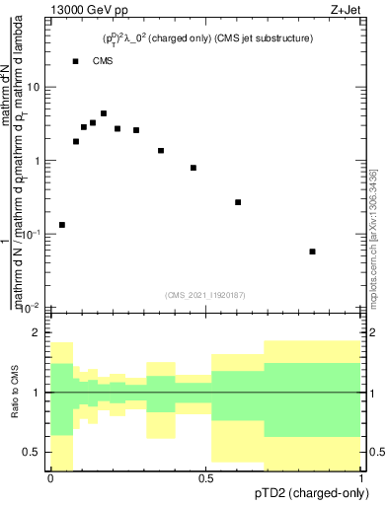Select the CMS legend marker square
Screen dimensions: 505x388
coord(75,61)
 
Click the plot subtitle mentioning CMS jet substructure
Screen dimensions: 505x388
coord(208,38)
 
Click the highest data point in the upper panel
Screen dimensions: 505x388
coord(104,113)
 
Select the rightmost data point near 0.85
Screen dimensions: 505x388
coord(313,252)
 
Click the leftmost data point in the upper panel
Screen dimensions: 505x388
coord(62,225)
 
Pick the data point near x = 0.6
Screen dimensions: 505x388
coord(238,202)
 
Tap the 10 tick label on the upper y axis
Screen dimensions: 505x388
coord(34,87)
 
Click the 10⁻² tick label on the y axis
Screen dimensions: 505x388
coord(32,307)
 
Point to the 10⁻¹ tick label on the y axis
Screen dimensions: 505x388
coord(32,234)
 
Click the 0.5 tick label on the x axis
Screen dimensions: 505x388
coord(205,477)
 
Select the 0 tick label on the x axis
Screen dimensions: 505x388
coord(50,477)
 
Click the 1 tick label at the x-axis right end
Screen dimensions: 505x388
coord(362,477)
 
